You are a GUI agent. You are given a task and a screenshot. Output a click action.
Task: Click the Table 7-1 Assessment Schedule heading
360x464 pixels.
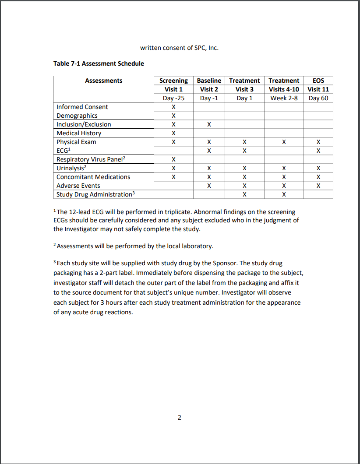pyautogui.click(x=99, y=63)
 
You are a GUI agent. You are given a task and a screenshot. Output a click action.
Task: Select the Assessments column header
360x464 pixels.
pyautogui.click(x=104, y=81)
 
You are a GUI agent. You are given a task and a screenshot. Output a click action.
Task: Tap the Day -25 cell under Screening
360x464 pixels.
pyautogui.click(x=173, y=98)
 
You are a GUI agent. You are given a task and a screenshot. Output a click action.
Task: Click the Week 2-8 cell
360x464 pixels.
pyautogui.click(x=284, y=98)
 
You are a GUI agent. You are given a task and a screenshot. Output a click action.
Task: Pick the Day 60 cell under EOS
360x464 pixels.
pyautogui.click(x=318, y=98)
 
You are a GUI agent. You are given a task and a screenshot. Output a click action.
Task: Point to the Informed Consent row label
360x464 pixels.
pyautogui.click(x=82, y=107)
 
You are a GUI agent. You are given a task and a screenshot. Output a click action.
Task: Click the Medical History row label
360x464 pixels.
pyautogui.click(x=79, y=133)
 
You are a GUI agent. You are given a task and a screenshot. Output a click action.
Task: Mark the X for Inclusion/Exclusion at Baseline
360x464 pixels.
pyautogui.click(x=209, y=124)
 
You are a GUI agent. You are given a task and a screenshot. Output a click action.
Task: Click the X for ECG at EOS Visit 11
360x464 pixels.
pyautogui.click(x=318, y=151)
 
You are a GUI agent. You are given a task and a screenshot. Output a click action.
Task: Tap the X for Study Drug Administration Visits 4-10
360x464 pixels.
pyautogui.click(x=284, y=194)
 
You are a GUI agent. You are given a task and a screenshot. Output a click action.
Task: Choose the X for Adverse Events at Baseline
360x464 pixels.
pyautogui.click(x=209, y=186)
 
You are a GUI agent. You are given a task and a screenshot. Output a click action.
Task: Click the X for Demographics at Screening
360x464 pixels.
pyautogui.click(x=173, y=116)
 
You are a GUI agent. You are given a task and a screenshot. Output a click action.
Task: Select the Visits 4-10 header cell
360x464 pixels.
pyautogui.click(x=284, y=89)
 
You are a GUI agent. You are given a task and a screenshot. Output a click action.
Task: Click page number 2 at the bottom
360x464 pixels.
pyautogui.click(x=180, y=417)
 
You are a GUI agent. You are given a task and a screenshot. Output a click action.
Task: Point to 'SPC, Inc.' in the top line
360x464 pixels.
pyautogui.click(x=206, y=48)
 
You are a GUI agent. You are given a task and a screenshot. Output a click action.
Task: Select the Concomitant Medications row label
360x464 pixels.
pyautogui.click(x=93, y=177)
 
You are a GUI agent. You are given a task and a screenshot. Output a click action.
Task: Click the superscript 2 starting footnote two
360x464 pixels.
pyautogui.click(x=55, y=245)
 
